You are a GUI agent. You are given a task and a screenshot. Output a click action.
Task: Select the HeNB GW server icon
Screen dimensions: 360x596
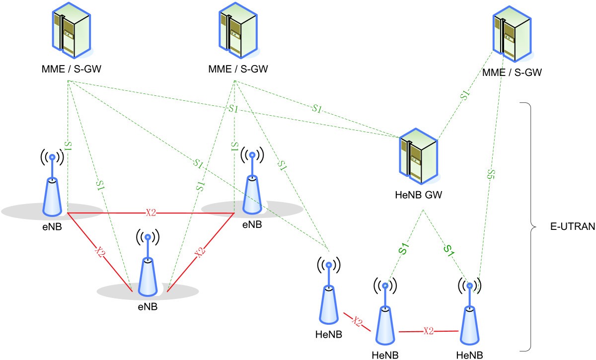coord(419,154)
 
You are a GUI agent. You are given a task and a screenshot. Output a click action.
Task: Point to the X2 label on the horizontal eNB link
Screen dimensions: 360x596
coord(151,213)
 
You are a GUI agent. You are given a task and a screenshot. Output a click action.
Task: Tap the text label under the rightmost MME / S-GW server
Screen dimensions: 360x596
coord(512,72)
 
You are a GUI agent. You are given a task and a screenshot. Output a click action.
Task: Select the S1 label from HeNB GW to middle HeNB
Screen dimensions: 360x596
coord(404,248)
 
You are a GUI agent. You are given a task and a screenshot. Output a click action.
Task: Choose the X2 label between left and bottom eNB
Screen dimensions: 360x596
coord(100,252)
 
